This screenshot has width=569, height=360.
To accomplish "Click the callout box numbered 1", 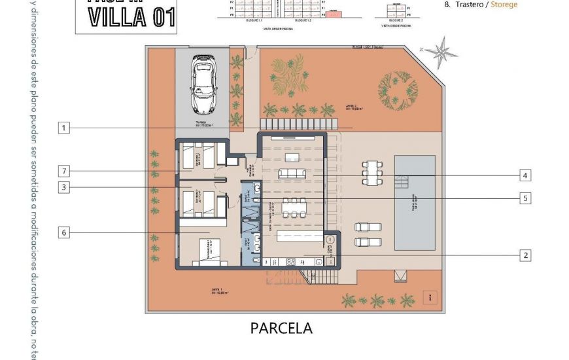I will click(63, 128).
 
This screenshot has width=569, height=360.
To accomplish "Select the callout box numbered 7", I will click(63, 171).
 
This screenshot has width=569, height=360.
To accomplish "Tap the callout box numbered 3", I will click(63, 188).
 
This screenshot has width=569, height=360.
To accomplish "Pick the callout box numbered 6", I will click(63, 232).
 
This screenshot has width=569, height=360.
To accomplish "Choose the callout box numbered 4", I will click(525, 175).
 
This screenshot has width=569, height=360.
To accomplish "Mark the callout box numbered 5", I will click(525, 198).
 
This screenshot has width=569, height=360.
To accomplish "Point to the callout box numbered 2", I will click(525, 255).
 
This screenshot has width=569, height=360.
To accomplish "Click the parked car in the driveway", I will click(203, 84).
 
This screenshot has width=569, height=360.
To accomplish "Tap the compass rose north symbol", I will click(443, 52).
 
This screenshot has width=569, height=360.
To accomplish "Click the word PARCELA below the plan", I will click(281, 328).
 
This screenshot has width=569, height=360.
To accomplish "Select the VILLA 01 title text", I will click(132, 18).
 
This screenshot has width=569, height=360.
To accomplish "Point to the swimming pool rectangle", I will click(415, 202).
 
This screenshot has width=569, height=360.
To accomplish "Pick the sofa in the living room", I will click(292, 173).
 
